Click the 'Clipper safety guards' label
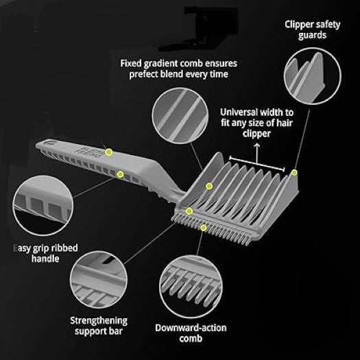point(312,30)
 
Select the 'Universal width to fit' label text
point(256,117)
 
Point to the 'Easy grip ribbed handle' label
point(45,253)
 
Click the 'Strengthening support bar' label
point(99,326)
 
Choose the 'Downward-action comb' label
point(191,333)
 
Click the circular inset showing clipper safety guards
point(313,76)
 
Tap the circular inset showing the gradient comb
point(180,116)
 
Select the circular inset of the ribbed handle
point(43,205)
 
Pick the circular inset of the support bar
point(99,280)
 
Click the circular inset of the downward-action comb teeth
point(191,287)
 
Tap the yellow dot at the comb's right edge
point(294,172)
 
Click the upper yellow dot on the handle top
point(109,152)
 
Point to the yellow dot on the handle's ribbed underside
point(120,174)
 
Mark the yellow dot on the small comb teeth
point(203,228)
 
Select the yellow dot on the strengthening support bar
point(189,211)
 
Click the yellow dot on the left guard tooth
point(209,186)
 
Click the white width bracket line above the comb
point(257,164)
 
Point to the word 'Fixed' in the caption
point(131,63)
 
